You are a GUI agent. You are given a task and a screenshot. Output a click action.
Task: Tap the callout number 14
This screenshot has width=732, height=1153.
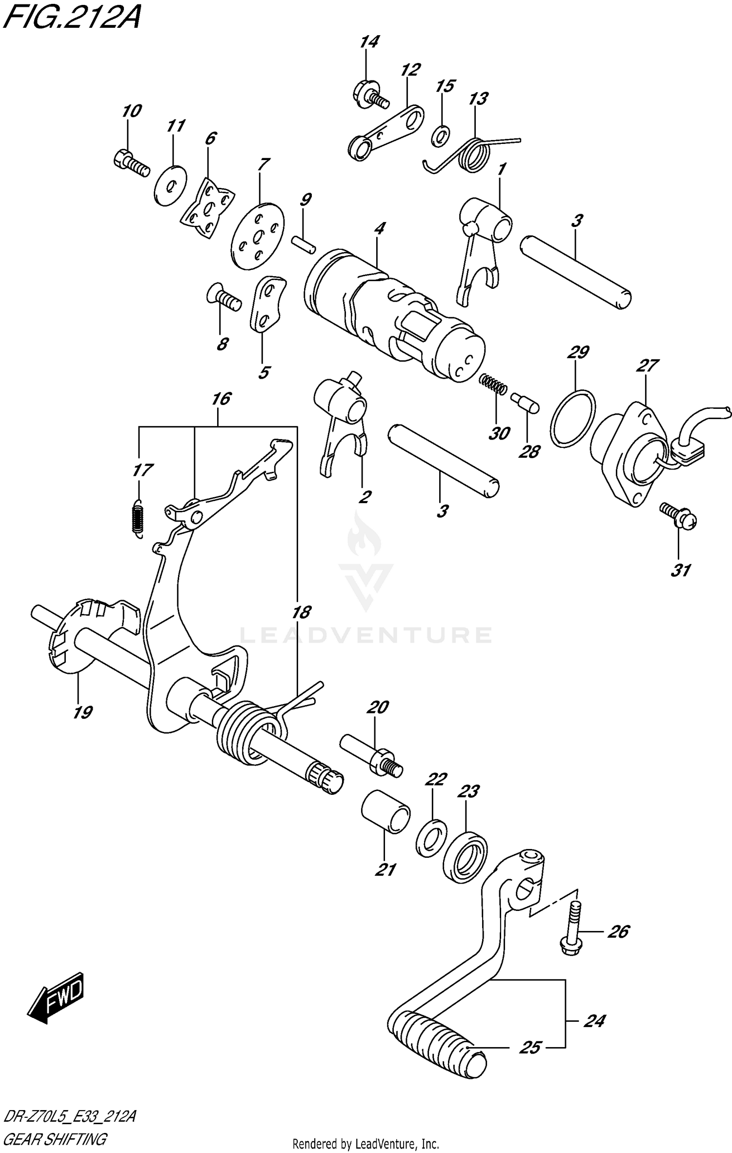[x=369, y=42]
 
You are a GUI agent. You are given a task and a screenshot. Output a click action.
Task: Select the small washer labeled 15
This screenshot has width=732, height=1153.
[x=441, y=136]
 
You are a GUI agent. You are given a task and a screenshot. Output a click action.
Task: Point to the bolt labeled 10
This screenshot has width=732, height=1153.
[x=131, y=163]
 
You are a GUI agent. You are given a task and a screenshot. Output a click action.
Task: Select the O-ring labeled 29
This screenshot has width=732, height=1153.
[x=573, y=418]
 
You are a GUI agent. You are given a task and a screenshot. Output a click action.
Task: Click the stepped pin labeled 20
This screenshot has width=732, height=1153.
[x=372, y=759]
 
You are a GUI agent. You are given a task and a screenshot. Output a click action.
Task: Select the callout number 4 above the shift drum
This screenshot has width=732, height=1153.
[x=380, y=228]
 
